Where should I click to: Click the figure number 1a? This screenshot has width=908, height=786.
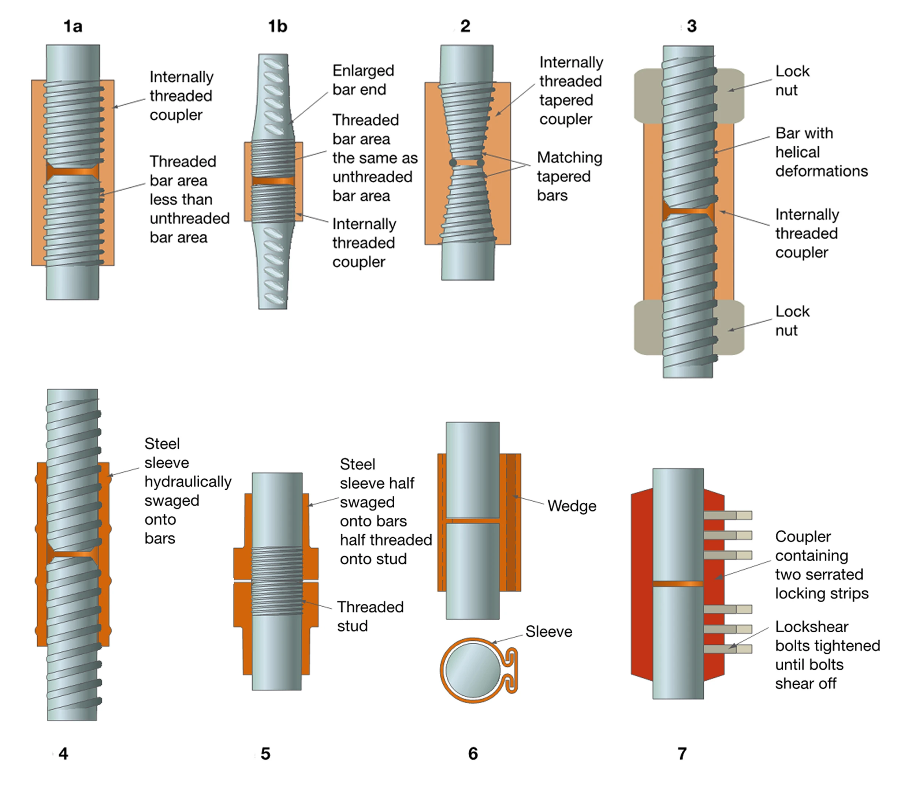73,26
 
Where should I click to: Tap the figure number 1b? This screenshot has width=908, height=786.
278,26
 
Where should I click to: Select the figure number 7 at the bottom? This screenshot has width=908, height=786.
682,753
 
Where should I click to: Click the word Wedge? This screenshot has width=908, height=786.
572,506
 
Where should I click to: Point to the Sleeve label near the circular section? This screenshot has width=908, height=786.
548,632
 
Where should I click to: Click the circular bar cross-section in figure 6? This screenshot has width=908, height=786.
473,670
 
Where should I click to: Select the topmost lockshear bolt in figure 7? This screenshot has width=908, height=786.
727,515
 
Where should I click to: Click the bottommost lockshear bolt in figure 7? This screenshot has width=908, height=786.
727,649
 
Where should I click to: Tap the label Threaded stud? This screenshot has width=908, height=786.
370,616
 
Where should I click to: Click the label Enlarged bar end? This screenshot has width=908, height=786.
363,80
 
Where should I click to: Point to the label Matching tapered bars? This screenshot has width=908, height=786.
569,176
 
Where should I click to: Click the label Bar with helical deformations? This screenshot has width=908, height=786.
821,152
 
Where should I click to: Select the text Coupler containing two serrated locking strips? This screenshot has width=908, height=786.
821,565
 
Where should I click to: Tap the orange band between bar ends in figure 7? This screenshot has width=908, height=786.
678,584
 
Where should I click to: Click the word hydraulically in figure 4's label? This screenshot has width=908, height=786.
188,482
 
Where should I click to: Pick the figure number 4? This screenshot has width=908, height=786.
63,753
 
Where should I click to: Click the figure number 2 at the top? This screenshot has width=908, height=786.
465,26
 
